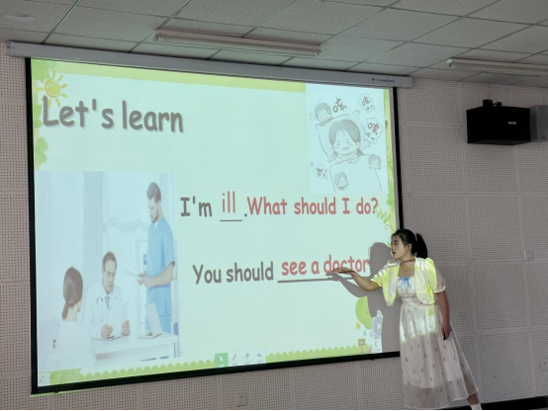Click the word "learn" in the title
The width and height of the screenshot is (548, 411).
pos(152,118)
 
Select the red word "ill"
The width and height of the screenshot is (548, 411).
pos(228,204)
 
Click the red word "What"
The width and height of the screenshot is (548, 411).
pos(267,206)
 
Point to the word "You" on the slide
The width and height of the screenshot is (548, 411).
pos(208,274)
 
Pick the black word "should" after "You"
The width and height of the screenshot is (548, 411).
pos(249,273)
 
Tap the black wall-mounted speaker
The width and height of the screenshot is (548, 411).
pos(498,123)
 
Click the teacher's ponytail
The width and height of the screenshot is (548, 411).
pos(421,244)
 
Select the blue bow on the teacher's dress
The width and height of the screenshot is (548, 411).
pos(405,282)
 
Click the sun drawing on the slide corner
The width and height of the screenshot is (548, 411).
pos(52,86)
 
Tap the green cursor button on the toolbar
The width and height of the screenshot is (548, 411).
pos(221,360)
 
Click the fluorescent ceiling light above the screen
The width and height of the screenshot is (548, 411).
pos(237,41)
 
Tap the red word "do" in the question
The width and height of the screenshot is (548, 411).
pos(362,207)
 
